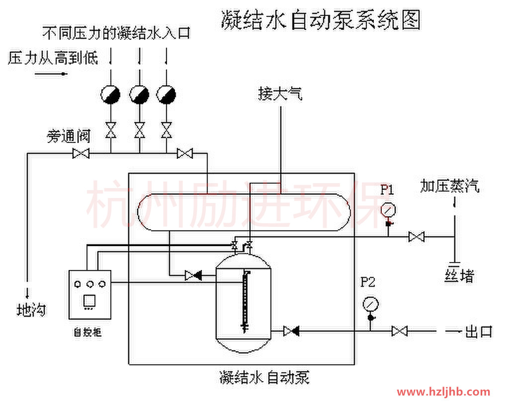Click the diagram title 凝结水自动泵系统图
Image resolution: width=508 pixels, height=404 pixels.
(321, 21)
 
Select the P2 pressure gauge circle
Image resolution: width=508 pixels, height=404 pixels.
(370, 303)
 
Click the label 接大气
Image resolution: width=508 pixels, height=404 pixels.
(280, 93)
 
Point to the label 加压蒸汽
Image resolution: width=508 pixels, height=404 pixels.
(450, 186)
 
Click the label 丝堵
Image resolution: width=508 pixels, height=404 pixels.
(459, 275)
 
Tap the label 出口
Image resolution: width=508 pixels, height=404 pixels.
(478, 331)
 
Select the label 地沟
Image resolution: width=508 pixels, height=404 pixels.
(31, 310)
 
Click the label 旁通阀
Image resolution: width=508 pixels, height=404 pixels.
(69, 135)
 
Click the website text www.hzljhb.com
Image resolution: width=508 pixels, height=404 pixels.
(443, 392)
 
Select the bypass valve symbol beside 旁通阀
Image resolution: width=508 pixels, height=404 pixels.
(81, 154)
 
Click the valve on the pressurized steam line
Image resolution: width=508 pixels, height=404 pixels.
(416, 237)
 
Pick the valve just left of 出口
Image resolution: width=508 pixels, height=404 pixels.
(399, 331)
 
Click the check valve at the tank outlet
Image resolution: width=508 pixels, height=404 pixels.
(291, 331)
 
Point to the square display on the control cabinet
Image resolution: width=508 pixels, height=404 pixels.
(89, 301)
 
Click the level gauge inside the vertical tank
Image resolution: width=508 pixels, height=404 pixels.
(244, 300)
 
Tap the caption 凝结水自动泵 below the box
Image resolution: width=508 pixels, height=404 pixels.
(264, 378)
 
